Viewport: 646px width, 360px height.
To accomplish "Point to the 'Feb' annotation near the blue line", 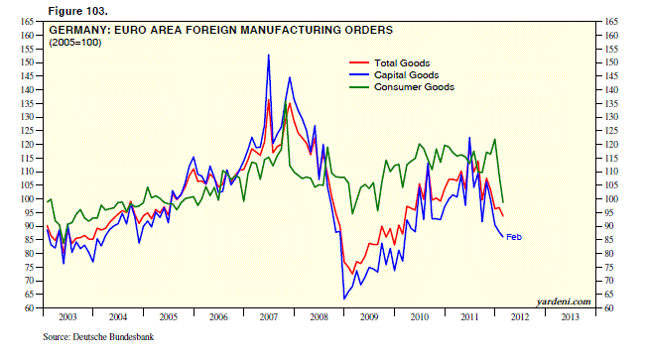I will coord(514,236).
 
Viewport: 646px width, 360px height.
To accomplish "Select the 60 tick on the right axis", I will coord(611,308).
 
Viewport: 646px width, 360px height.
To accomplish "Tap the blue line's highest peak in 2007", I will coord(269,56).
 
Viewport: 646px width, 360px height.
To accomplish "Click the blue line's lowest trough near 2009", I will coord(344,299).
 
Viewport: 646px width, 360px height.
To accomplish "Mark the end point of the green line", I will coord(503,202).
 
